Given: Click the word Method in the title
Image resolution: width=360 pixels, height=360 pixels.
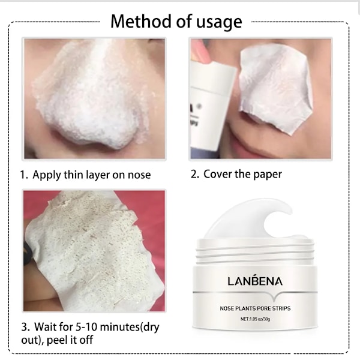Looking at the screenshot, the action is (141, 21).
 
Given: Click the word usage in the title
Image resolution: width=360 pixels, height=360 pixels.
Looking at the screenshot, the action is (219, 23).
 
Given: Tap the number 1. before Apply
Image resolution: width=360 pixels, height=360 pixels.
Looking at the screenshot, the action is (24, 175).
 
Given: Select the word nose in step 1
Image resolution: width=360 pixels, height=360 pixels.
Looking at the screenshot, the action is (139, 175).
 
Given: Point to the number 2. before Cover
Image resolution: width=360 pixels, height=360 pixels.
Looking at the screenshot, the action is (195, 174).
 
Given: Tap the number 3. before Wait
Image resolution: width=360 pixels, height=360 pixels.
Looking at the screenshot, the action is (25, 327).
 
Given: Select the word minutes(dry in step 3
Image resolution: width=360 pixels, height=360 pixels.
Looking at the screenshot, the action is (130, 328).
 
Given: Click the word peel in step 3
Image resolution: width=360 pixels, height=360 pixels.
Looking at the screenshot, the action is (57, 340).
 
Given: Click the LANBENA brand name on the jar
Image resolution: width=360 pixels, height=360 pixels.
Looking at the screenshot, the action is (255, 281).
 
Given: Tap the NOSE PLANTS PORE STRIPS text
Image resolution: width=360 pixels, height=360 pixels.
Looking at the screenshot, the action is (255, 308).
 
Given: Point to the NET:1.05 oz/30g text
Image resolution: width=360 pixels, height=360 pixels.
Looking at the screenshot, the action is (256, 319).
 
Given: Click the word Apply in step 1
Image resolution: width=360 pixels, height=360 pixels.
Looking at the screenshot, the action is (47, 175).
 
